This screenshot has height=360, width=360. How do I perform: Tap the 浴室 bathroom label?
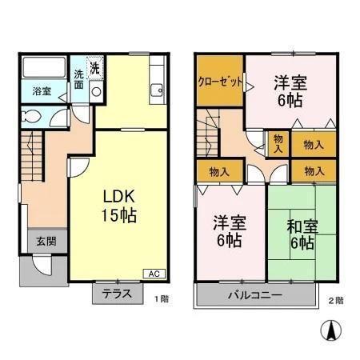pos(42,91)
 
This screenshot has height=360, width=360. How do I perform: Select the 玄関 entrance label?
pos(44,241)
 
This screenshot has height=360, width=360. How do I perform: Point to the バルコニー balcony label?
pos(254,295)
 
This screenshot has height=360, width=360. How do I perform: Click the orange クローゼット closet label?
pos(220,82)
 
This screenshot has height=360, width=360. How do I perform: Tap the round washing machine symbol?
pos(95,90)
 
